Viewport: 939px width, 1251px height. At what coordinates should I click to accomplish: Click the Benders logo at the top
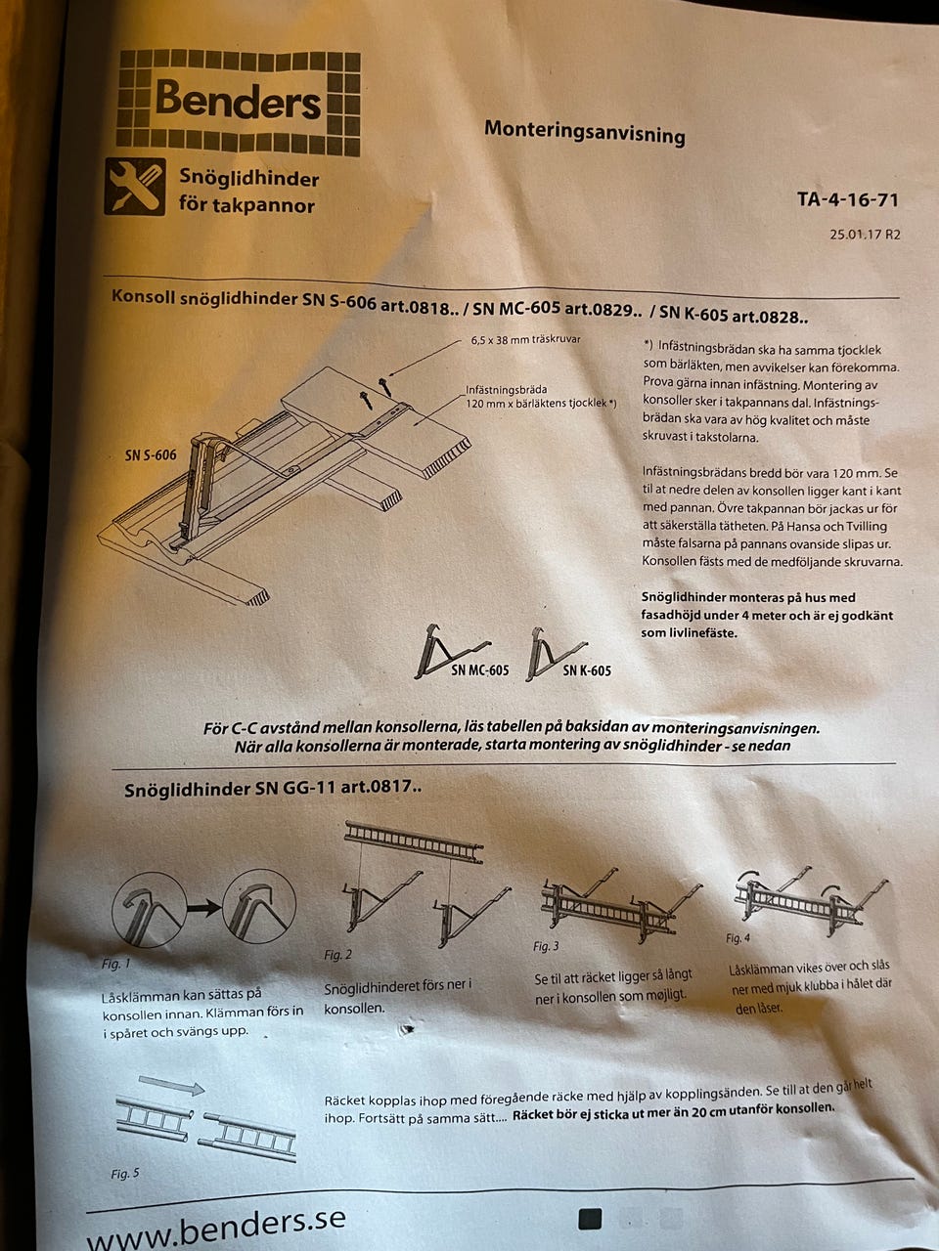239,103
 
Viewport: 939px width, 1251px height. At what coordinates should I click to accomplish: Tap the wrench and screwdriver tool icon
135,187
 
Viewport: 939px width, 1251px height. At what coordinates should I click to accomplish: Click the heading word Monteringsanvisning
584,132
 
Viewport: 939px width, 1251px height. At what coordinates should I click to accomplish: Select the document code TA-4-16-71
847,199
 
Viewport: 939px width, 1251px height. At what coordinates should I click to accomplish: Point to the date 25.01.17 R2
865,235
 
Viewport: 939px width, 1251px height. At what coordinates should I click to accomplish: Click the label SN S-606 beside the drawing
151,454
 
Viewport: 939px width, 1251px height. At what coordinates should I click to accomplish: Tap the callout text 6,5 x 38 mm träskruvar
525,340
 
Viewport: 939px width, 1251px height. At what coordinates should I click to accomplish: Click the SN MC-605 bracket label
479,670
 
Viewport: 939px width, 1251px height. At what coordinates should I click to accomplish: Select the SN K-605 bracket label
587,670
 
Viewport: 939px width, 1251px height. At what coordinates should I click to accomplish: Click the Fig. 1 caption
115,964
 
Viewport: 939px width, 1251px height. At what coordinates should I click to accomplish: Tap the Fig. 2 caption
338,955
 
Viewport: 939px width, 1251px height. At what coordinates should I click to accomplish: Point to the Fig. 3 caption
546,946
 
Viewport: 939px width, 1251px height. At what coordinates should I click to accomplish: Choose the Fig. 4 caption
738,937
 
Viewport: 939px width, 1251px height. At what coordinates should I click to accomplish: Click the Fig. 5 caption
125,1174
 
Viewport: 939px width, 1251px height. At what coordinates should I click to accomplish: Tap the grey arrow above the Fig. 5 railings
171,1084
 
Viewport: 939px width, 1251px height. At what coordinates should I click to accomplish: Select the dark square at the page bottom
590,1219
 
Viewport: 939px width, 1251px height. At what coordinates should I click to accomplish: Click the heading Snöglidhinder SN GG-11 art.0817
273,788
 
